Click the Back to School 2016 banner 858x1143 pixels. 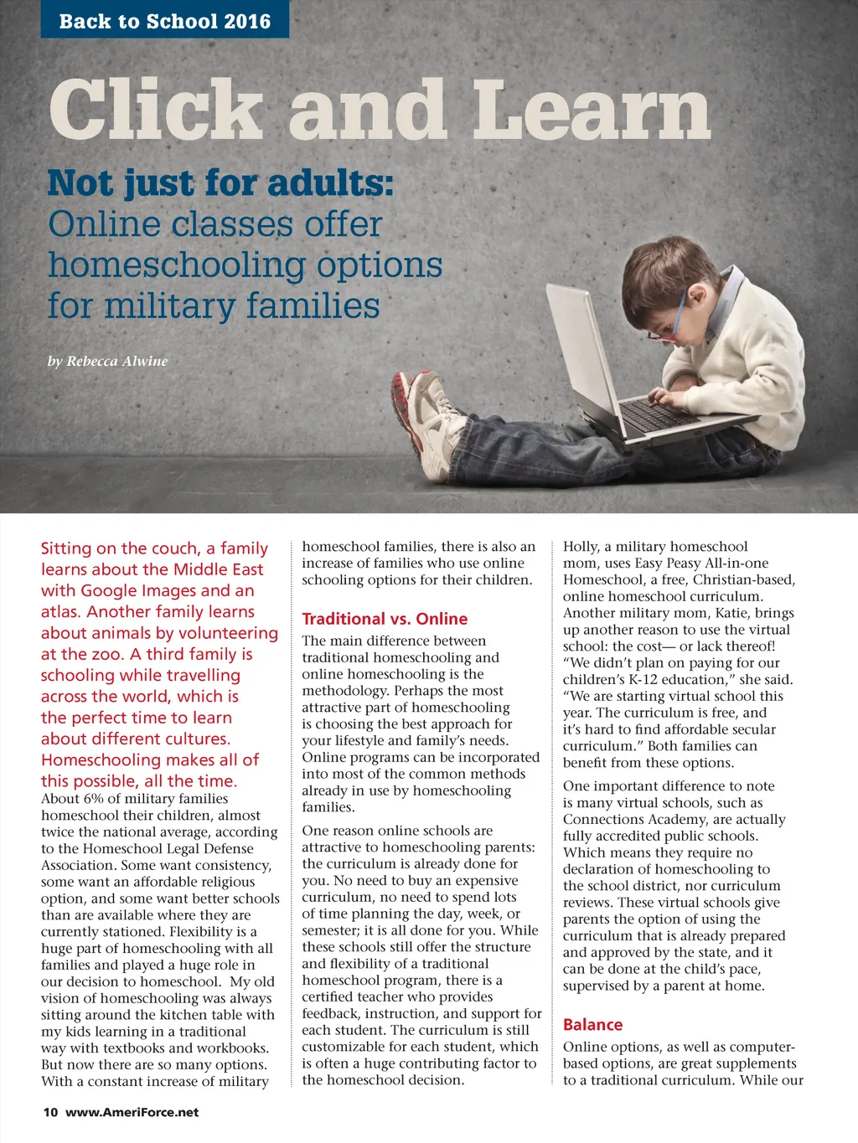pos(164,21)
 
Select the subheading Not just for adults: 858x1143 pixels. pos(220,183)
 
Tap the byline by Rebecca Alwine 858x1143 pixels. pos(107,361)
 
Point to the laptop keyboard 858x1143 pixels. pos(659,414)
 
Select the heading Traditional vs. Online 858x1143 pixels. pos(385,619)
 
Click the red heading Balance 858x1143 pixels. pos(592,1025)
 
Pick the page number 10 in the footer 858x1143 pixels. pos(50,1112)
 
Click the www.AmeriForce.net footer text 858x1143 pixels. pos(132,1112)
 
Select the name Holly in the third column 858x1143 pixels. pos(581,547)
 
